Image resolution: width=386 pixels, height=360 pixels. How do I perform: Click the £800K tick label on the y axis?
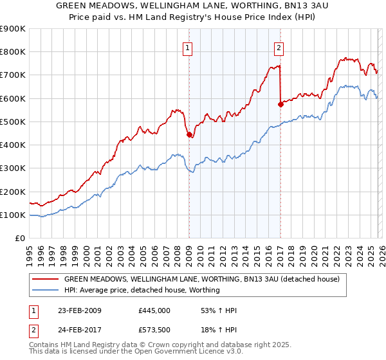click(x=13, y=52)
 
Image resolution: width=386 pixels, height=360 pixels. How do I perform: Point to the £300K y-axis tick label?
click(x=13, y=168)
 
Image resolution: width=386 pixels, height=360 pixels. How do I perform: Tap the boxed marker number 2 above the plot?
click(x=279, y=47)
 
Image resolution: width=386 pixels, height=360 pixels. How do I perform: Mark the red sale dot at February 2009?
click(x=189, y=135)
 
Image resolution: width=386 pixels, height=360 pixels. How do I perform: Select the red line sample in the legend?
click(x=46, y=280)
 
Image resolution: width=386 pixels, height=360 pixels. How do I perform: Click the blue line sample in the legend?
click(x=46, y=290)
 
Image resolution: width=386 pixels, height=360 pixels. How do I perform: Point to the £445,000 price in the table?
click(x=154, y=310)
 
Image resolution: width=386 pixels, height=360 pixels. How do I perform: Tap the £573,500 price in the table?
click(x=154, y=330)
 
